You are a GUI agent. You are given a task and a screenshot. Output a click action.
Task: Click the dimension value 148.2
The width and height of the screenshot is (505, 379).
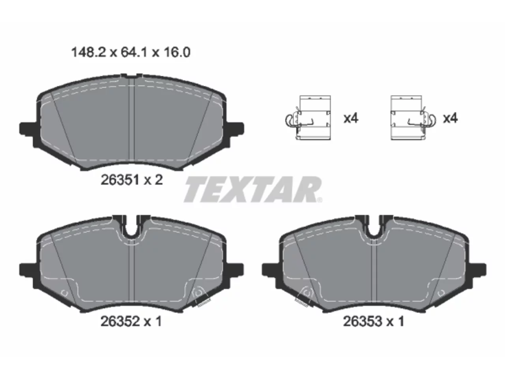click(88, 52)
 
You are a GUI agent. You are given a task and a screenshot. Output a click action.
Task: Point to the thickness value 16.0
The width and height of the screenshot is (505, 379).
click(177, 52)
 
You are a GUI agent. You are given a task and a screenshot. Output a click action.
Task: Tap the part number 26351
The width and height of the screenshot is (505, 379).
click(120, 180)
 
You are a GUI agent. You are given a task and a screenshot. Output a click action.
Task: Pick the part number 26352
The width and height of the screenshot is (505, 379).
click(120, 321)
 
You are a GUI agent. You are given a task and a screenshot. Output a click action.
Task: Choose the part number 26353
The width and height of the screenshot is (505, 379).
click(363, 321)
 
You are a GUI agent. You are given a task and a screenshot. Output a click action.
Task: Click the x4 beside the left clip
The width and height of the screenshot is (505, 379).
click(351, 118)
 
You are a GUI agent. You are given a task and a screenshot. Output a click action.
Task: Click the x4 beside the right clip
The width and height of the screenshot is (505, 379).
click(450, 118)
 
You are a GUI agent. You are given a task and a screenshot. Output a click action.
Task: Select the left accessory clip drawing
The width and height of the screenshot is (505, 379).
click(308, 118)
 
